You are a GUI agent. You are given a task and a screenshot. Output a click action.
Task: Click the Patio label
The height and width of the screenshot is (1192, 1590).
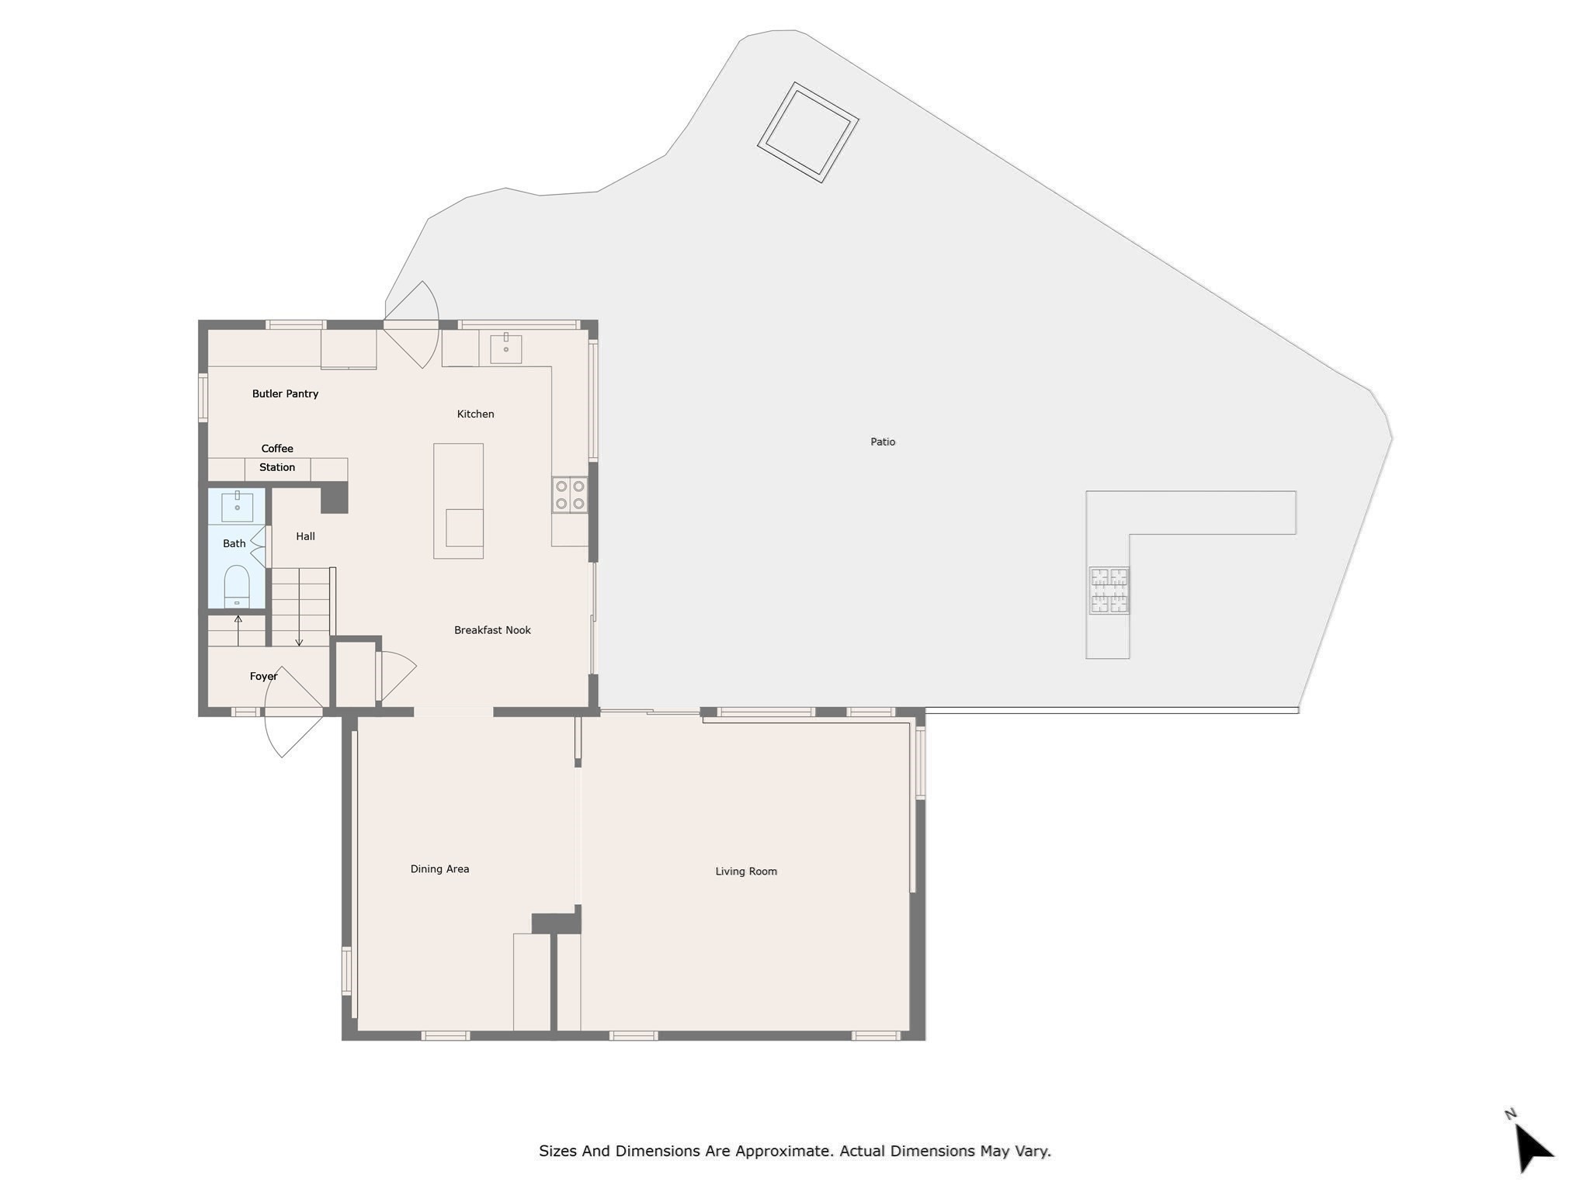click(x=883, y=442)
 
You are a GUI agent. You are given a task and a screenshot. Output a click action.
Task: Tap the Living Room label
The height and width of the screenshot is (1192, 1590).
click(x=745, y=871)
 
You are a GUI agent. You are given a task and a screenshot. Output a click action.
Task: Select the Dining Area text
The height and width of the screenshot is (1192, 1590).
click(x=439, y=869)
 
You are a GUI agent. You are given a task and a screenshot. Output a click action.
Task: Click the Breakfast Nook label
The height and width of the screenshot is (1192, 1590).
click(x=492, y=630)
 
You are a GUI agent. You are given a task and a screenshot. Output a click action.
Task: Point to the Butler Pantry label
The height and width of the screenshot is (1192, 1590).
click(x=285, y=393)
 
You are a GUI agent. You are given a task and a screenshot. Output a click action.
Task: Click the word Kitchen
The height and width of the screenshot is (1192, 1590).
click(x=475, y=414)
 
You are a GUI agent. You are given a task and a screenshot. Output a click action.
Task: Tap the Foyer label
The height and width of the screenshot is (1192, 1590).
click(x=263, y=677)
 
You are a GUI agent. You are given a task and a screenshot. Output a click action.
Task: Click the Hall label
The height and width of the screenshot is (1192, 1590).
click(x=305, y=536)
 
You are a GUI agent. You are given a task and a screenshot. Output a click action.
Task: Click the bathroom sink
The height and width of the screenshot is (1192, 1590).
click(x=237, y=506)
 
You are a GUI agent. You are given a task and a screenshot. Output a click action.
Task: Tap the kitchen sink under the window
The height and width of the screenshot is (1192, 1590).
click(x=505, y=348)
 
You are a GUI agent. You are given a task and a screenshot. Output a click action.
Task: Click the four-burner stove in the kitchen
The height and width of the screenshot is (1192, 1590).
click(x=569, y=495)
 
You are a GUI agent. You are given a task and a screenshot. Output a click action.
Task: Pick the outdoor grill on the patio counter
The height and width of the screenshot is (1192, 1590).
click(x=1109, y=591)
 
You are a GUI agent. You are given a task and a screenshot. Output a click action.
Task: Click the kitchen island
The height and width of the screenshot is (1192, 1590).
click(x=458, y=501)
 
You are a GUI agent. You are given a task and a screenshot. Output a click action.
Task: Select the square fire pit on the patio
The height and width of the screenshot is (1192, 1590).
click(x=807, y=133)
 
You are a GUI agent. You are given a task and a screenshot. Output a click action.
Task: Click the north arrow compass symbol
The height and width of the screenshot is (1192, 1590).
click(x=1532, y=1146)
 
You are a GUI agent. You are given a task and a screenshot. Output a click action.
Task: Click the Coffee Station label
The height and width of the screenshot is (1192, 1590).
click(x=277, y=458)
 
